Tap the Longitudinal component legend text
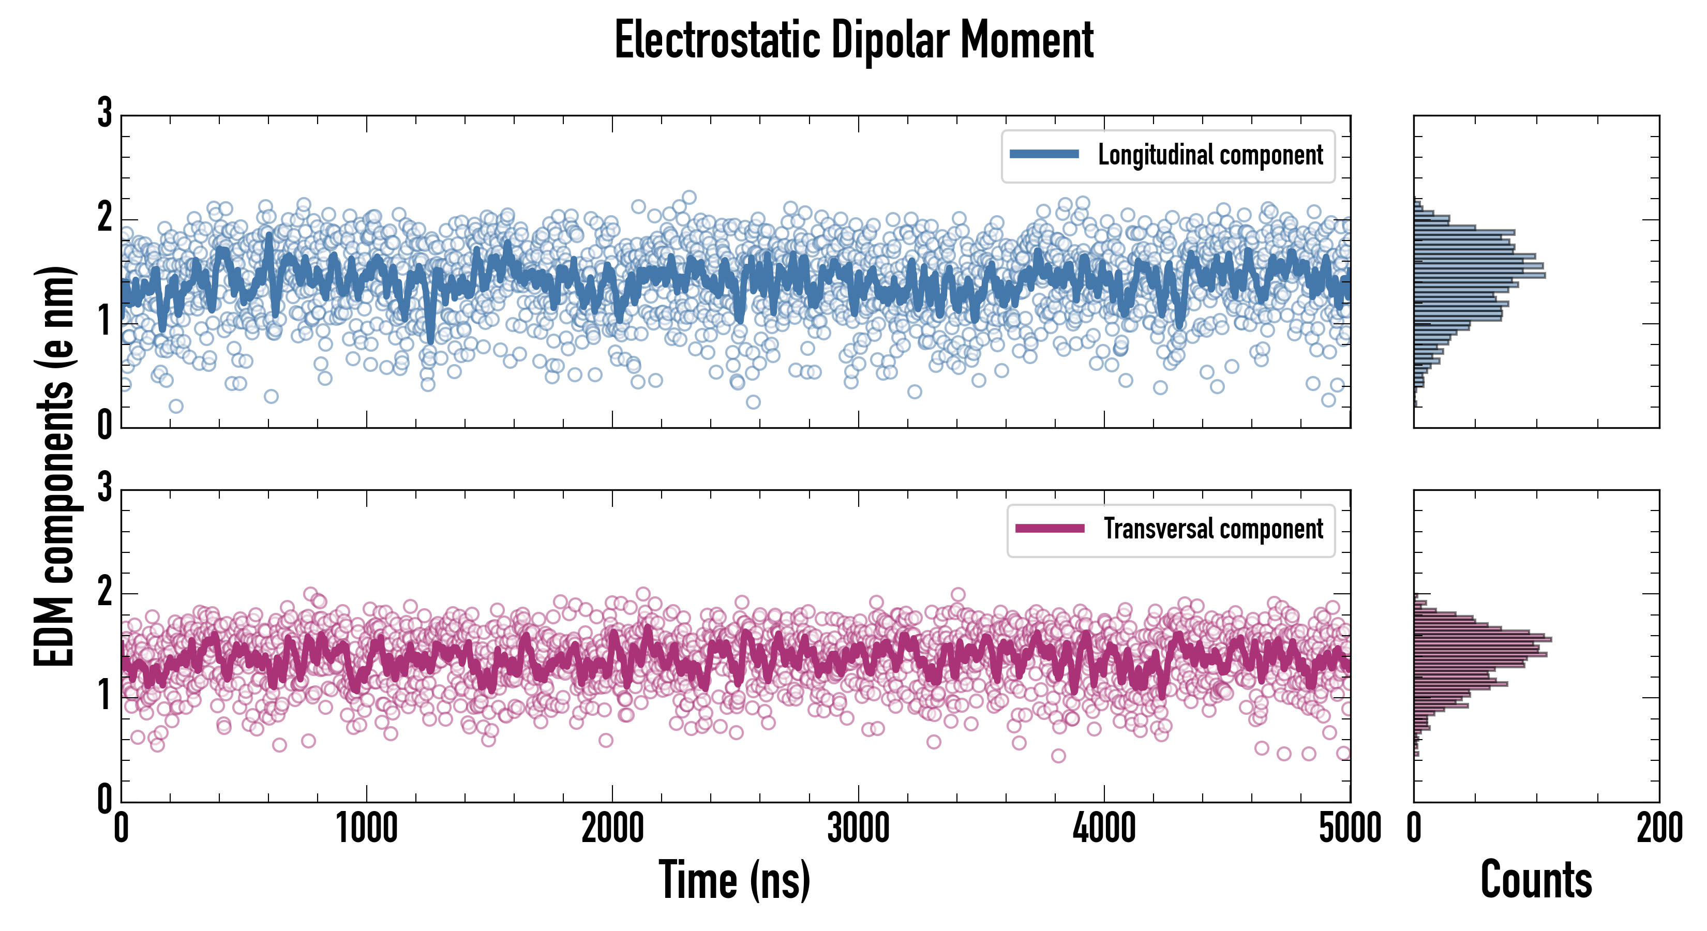click(x=1210, y=155)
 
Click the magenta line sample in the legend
click(x=1050, y=528)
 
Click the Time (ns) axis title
click(x=734, y=880)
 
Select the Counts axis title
click(x=1536, y=880)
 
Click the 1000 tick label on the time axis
click(x=366, y=828)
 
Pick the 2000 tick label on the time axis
click(x=612, y=828)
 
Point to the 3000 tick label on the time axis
click(x=858, y=828)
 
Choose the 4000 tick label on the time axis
click(x=1104, y=828)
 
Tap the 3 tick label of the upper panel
click(x=104, y=113)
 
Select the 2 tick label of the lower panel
click(x=104, y=592)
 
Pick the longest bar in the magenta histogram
click(x=1483, y=639)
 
